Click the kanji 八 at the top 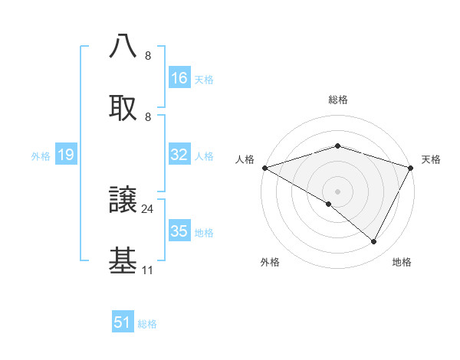pyautogui.click(x=123, y=46)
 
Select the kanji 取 pyautogui.click(x=123, y=107)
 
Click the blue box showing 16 pyautogui.click(x=179, y=78)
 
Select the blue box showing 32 pyautogui.click(x=179, y=155)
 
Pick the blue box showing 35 pyautogui.click(x=179, y=231)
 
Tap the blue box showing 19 pyautogui.click(x=66, y=155)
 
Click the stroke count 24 pyautogui.click(x=148, y=208)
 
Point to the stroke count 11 pyautogui.click(x=148, y=270)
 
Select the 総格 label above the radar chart pyautogui.click(x=337, y=100)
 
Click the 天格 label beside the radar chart pyautogui.click(x=432, y=159)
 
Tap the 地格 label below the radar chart pyautogui.click(x=402, y=263)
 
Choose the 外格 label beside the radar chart pyautogui.click(x=270, y=263)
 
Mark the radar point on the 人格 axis pyautogui.click(x=264, y=168)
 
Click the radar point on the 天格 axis pyautogui.click(x=411, y=168)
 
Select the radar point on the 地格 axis pyautogui.click(x=374, y=242)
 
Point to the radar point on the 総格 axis pyautogui.click(x=337, y=146)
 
